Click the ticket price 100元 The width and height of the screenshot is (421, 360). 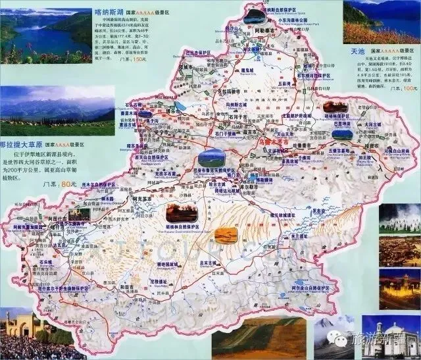(409, 87)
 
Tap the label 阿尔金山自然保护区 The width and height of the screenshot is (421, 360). (309, 288)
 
